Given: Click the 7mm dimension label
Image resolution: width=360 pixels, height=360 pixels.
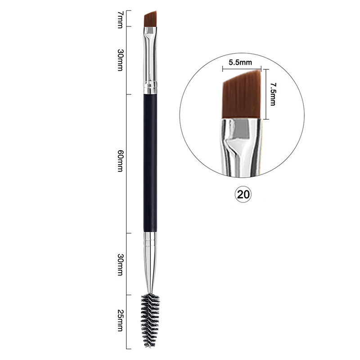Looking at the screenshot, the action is point(120,19).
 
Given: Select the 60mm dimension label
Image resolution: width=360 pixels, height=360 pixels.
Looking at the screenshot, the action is point(120,161).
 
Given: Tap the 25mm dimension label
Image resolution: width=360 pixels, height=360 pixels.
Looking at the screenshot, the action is point(120,320).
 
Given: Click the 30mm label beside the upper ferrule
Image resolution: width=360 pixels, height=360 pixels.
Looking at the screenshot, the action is point(120,60).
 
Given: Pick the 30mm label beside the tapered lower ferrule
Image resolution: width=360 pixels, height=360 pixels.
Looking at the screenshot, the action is point(120,265).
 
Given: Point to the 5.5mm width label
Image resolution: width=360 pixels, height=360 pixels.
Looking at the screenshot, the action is point(240,62).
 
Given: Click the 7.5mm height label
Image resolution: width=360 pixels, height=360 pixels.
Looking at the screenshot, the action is point(273,94).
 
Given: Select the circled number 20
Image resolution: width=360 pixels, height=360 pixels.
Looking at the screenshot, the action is point(243,194).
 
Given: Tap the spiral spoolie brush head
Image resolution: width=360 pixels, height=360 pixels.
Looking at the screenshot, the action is point(150,321).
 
